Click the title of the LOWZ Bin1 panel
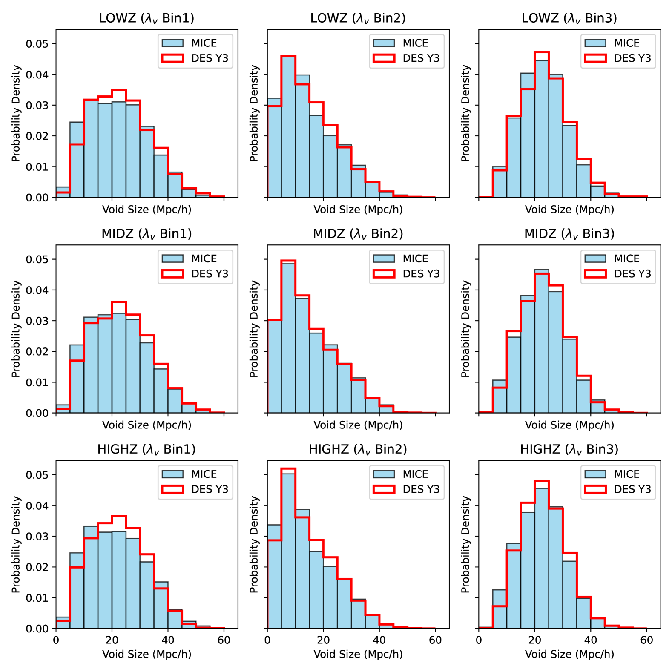coord(146,18)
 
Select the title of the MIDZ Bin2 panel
coord(358,234)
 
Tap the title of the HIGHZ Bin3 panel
coord(569,449)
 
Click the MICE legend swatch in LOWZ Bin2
coord(384,43)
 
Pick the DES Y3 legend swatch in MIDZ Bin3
coord(595,274)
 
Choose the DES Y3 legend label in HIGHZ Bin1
coord(210,489)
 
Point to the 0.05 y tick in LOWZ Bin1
coord(37,44)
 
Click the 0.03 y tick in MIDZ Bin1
coord(37,321)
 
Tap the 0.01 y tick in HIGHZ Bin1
coord(37,598)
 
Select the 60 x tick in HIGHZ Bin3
coord(646,640)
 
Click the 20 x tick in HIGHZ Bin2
coord(323,640)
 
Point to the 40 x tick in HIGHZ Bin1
coord(168,640)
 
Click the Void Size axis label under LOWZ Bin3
coord(569,210)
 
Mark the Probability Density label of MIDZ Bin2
coord(254,329)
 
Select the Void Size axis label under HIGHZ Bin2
coord(358,654)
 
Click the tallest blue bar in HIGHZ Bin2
coord(288,554)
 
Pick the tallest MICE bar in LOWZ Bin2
coord(288,128)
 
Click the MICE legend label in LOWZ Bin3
coord(626,43)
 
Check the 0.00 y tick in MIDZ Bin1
coord(37,413)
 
